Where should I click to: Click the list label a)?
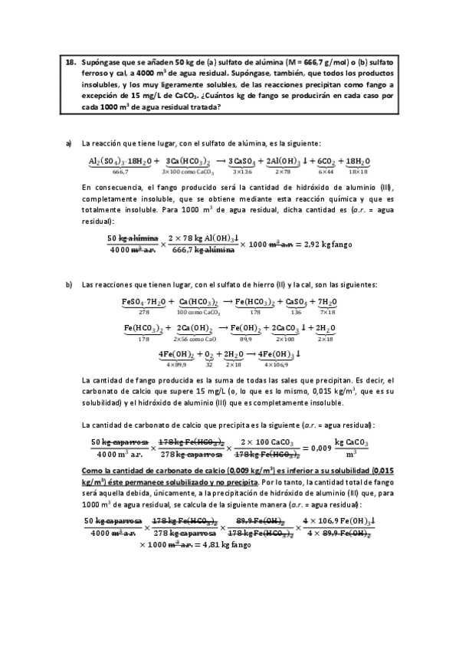pos(69,143)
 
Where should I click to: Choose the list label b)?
pos(69,285)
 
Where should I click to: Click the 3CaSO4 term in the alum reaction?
pos(243,161)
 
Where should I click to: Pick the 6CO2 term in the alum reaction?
pos(326,161)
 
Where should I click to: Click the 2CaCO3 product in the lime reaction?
pos(286,328)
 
